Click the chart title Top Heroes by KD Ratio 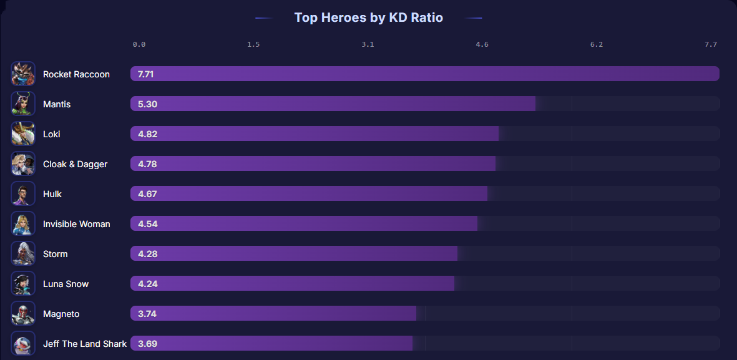(x=368, y=17)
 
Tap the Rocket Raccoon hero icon (x=23, y=74)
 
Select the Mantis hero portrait (x=23, y=104)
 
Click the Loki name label (x=52, y=134)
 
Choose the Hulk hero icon (x=23, y=193)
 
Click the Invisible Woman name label (x=76, y=224)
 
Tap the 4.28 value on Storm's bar (x=147, y=254)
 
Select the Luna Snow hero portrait (x=23, y=283)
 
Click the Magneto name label (x=61, y=314)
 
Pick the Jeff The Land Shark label (x=85, y=344)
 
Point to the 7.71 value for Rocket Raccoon (x=146, y=74)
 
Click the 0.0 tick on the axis (x=139, y=45)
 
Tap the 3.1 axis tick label (x=368, y=45)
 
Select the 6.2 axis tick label (x=597, y=45)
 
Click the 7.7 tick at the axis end (x=711, y=45)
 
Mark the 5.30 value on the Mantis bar (x=147, y=104)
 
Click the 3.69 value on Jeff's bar (x=147, y=344)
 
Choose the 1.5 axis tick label (x=253, y=45)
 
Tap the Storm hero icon (x=23, y=253)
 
